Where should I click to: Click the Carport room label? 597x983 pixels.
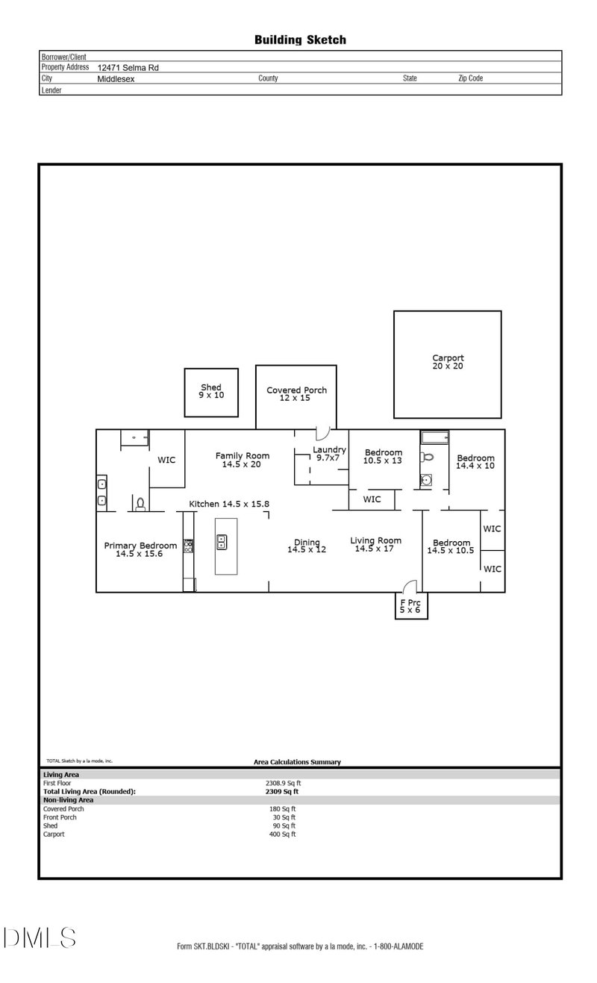pos(448,362)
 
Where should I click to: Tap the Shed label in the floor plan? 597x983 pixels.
pos(211,390)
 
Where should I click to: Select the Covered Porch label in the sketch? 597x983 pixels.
pos(296,393)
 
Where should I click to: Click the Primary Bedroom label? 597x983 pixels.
pos(140,549)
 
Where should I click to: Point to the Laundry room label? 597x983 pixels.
pos(329,453)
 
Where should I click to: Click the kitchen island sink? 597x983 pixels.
pos(222,542)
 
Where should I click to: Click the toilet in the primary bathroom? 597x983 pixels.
pos(140,505)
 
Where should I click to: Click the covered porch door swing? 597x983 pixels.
pos(322,433)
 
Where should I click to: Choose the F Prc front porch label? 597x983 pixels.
pos(410,605)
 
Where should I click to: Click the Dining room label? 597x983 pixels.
pos(307,546)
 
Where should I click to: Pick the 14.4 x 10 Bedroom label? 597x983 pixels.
pos(475,461)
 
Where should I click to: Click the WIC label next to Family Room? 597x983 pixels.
pos(166,460)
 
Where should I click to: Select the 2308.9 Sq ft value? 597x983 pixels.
pos(283,783)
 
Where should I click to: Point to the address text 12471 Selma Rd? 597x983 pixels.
pos(128,67)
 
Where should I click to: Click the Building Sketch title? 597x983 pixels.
pos(300,40)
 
